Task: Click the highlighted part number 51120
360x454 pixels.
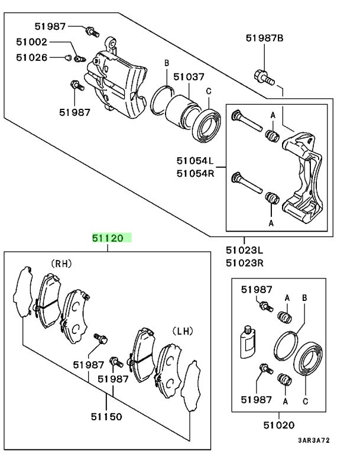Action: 107,239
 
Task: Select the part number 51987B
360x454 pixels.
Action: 264,38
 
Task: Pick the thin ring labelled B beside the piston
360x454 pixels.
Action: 161,99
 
